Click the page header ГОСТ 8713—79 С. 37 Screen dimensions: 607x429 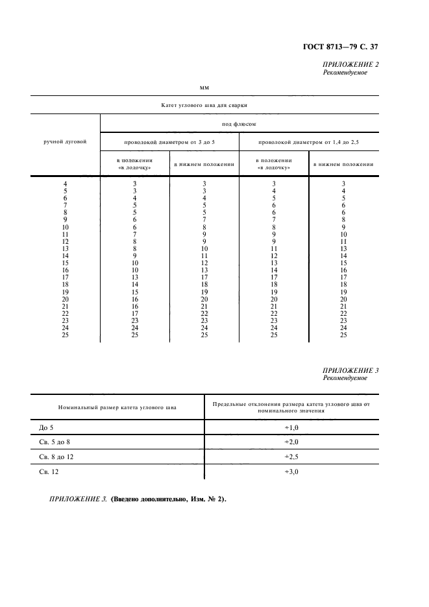[340, 45]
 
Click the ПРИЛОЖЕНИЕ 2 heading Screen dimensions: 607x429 [350, 64]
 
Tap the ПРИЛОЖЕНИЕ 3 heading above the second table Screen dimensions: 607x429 [350, 370]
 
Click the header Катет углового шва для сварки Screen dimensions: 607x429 [204, 104]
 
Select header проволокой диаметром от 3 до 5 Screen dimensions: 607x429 [169, 141]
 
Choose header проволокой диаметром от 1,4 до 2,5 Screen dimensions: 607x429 [308, 141]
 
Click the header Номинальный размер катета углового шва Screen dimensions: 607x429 [116, 408]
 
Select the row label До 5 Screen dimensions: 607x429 [40, 427]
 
